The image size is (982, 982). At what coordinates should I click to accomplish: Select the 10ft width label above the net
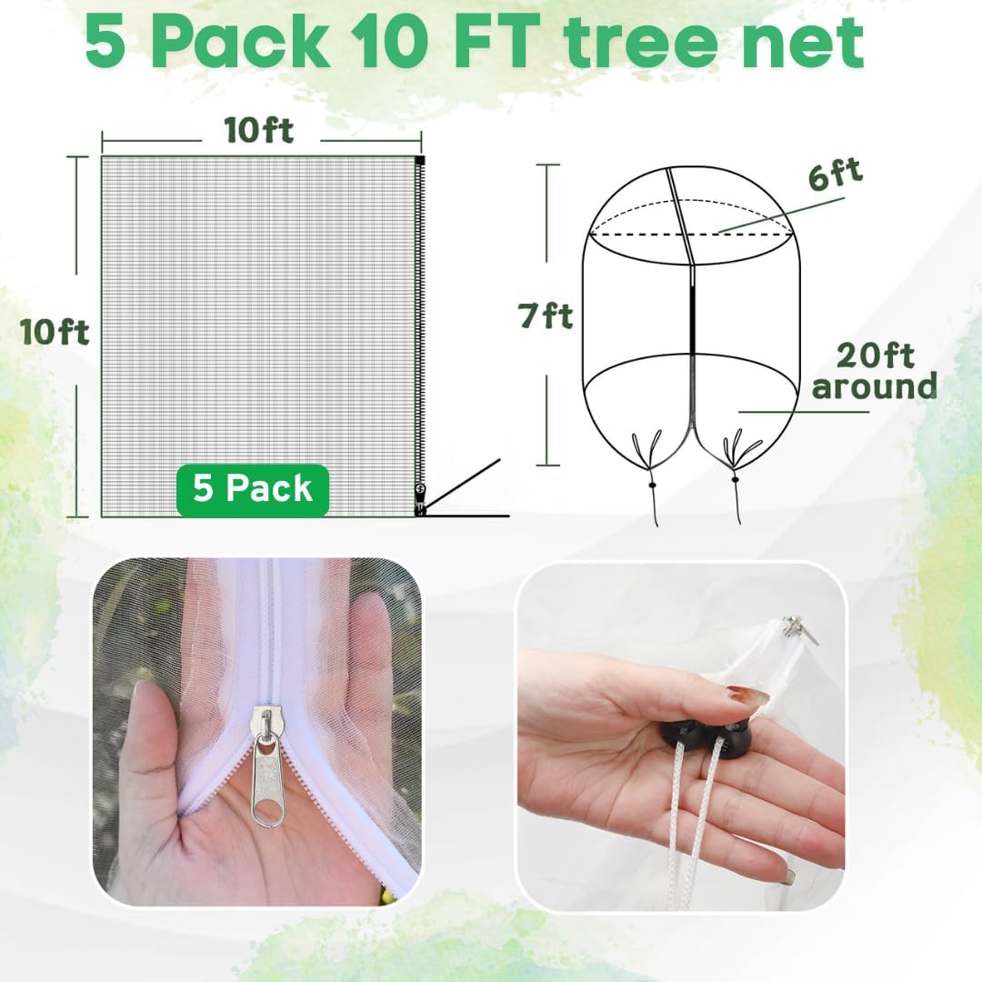click(260, 131)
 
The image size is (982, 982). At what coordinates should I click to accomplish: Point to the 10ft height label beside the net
click(55, 333)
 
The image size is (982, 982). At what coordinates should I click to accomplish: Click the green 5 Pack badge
click(253, 490)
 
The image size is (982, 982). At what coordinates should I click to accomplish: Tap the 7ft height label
click(546, 316)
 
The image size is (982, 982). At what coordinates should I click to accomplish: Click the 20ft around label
click(874, 372)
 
